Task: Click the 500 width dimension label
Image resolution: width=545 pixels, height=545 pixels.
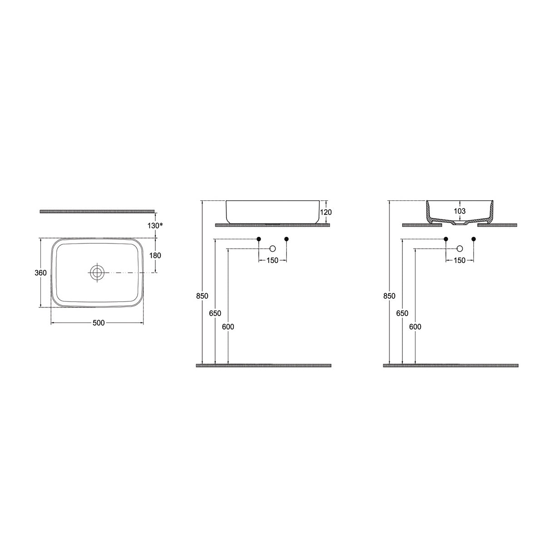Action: click(99, 323)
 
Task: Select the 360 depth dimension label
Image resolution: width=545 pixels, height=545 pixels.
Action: click(40, 273)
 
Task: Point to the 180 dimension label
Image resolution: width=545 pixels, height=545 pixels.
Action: click(155, 256)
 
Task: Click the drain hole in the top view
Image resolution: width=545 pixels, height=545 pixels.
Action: click(97, 272)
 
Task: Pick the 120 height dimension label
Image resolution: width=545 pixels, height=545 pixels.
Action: click(326, 212)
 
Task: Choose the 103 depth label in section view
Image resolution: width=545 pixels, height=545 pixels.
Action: click(460, 211)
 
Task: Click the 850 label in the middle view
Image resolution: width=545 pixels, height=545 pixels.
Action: click(202, 296)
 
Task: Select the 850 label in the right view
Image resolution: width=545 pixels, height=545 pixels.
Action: click(389, 296)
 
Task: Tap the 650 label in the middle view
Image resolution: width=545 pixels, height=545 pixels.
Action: click(215, 313)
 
